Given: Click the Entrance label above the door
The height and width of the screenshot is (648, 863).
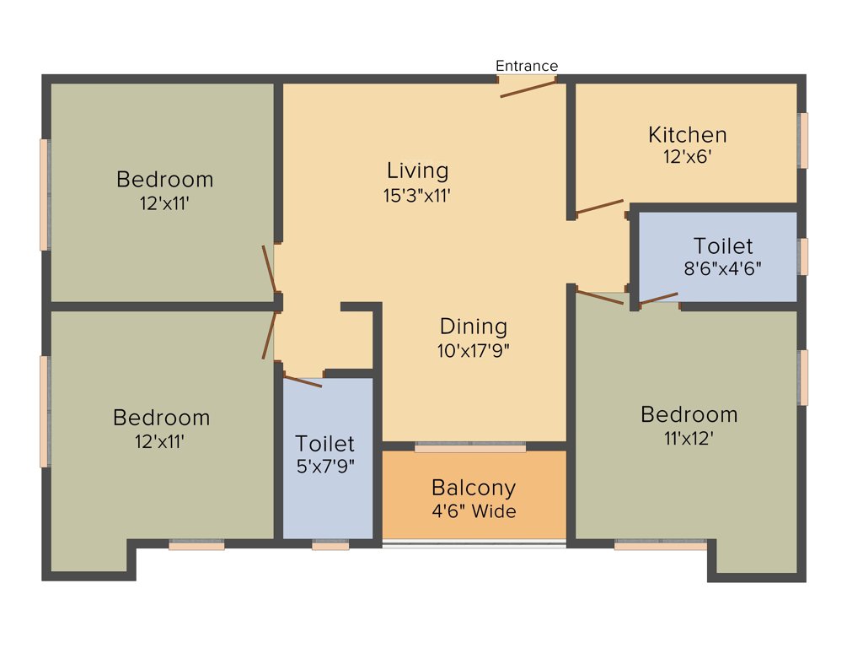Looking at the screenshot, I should [526, 66].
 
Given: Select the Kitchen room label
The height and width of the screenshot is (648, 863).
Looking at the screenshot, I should [687, 135].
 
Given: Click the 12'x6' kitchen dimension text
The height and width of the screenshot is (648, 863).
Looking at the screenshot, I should [688, 156].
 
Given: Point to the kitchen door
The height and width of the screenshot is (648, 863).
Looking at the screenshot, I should [599, 207].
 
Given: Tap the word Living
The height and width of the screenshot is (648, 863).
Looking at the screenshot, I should [417, 170].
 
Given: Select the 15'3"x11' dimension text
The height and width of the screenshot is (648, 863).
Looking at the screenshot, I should [417, 195].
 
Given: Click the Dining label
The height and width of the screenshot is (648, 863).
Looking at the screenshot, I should [474, 327].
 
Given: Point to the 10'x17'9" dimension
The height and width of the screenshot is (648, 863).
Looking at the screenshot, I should [474, 350].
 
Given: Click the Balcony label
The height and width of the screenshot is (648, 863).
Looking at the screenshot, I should [473, 488].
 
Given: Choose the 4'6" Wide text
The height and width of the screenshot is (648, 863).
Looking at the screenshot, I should [473, 511].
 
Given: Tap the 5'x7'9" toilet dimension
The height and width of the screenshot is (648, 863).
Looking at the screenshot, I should [324, 466].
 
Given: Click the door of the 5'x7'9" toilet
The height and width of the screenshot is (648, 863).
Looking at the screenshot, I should [303, 381].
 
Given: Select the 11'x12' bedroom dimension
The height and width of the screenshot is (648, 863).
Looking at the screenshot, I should [689, 438].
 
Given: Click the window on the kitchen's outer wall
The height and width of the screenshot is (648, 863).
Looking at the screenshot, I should [803, 140].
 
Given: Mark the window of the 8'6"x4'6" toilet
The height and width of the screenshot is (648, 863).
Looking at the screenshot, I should [803, 256].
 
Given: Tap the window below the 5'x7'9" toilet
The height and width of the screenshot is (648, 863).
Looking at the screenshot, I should [330, 546].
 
